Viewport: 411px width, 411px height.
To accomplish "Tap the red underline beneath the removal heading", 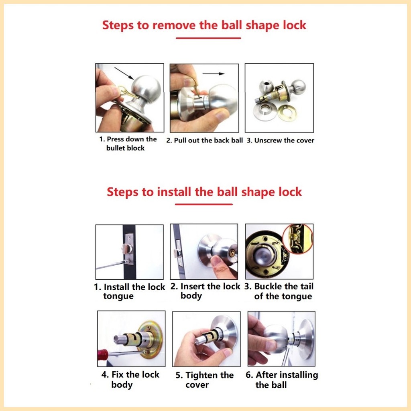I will (208, 38).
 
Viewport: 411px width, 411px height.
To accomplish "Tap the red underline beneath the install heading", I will (204, 204).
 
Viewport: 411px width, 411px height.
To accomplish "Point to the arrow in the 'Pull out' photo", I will (213, 74).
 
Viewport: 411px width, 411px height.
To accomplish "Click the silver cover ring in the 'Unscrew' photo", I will (265, 111).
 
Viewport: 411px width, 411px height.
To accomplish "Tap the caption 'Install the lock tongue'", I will (129, 292).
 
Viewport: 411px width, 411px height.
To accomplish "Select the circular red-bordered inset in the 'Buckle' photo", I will (297, 238).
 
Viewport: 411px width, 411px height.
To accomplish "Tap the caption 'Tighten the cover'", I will (204, 380).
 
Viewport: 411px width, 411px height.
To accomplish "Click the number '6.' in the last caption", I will (250, 375).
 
